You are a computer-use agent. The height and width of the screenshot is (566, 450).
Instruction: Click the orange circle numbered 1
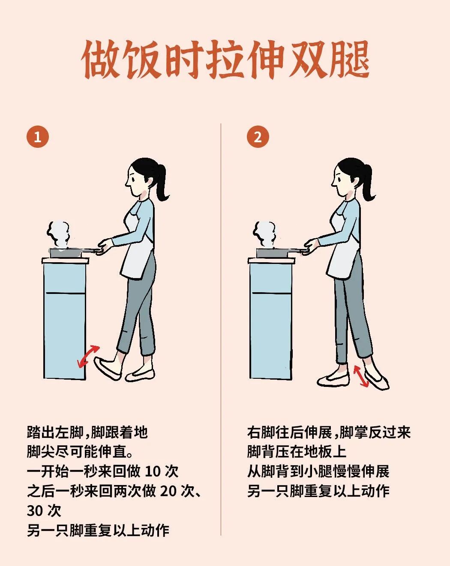click(38, 137)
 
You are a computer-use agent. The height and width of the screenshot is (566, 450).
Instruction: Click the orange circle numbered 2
click(258, 137)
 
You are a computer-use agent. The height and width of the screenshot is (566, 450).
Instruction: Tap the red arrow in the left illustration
click(88, 356)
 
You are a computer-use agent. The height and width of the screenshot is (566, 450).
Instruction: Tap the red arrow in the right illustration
click(361, 376)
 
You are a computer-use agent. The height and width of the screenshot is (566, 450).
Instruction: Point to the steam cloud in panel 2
click(265, 234)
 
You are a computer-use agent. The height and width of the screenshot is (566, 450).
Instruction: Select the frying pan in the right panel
click(276, 252)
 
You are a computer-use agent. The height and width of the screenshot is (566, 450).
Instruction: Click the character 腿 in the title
click(349, 60)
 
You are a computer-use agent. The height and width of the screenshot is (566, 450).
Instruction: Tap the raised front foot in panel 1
click(107, 368)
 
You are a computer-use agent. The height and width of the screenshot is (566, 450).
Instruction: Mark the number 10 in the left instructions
click(153, 472)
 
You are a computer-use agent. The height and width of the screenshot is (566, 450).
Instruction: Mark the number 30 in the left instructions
click(34, 511)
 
